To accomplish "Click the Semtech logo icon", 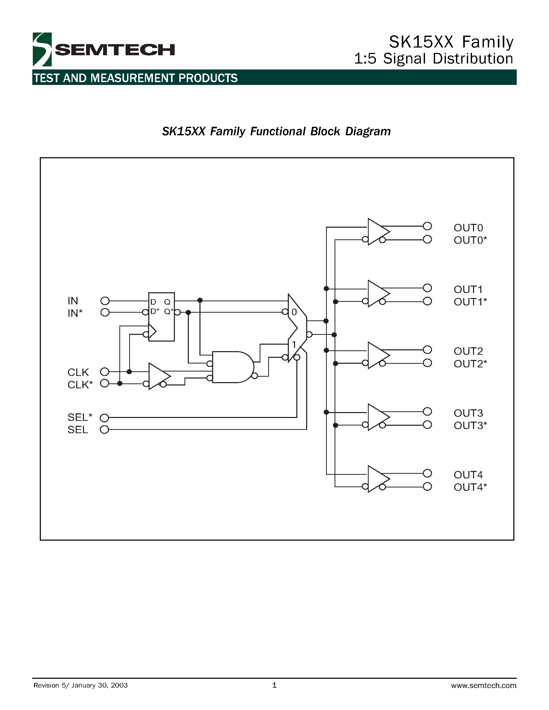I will (x=42, y=49).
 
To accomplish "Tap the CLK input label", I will (x=78, y=372).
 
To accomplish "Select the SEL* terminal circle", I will (x=104, y=418).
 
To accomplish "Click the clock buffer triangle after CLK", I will (x=158, y=376).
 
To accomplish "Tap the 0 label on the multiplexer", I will (x=294, y=312).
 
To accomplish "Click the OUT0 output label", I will (x=468, y=227).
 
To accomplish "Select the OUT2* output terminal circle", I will (x=427, y=363).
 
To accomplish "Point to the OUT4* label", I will (x=470, y=487).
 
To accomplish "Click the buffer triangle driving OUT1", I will (x=377, y=294).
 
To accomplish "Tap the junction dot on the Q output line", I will (x=200, y=300).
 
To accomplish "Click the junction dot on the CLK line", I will (x=129, y=372).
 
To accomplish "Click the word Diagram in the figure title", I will (x=368, y=131).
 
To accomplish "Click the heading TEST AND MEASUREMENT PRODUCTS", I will (x=135, y=78).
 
